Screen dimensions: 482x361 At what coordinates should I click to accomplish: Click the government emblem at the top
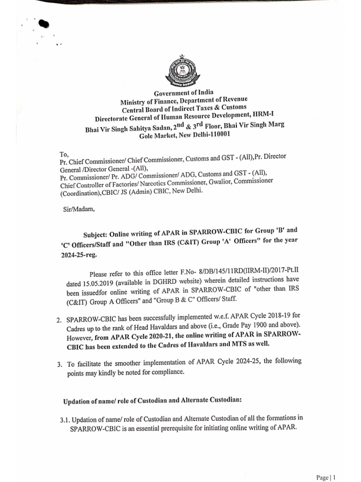pyautogui.click(x=181, y=74)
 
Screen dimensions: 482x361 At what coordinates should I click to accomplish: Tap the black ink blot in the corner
pyautogui.click(x=44, y=24)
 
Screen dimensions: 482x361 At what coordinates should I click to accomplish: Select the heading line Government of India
pyautogui.click(x=180, y=93)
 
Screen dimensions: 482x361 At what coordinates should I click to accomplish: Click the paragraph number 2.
pyautogui.click(x=59, y=320)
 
